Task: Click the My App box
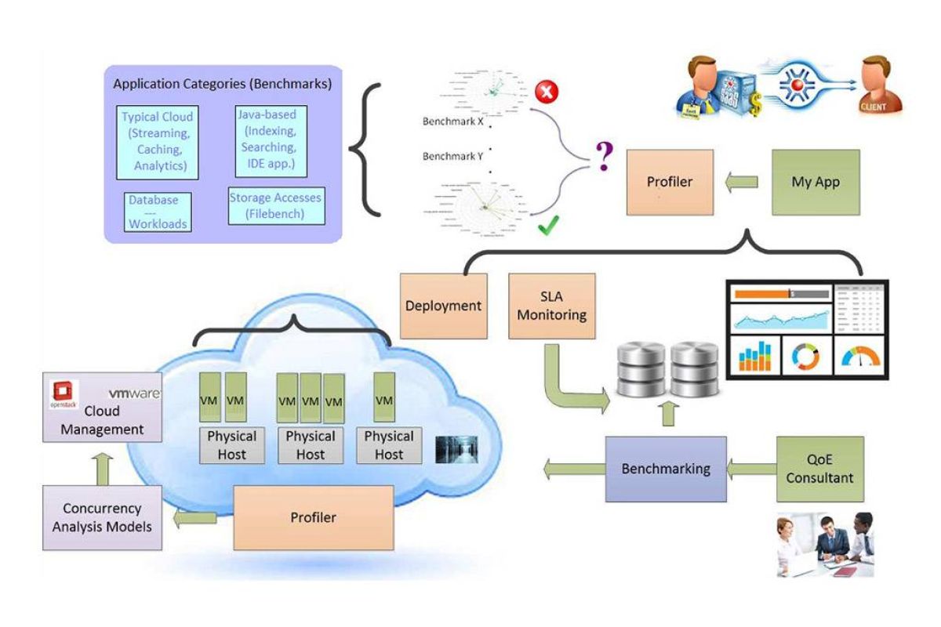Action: pos(816,182)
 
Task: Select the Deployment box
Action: pos(443,306)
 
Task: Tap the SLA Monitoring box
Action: pos(551,306)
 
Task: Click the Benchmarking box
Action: pos(665,469)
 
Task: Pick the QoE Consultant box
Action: pos(819,469)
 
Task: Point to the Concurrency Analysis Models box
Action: pos(102,517)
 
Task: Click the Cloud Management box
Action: pos(102,411)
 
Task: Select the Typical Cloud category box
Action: pos(157,141)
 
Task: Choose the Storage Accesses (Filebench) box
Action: pos(275,205)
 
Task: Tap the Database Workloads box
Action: pos(158,212)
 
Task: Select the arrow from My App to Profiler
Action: pos(740,182)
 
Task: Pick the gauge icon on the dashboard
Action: pos(860,357)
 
